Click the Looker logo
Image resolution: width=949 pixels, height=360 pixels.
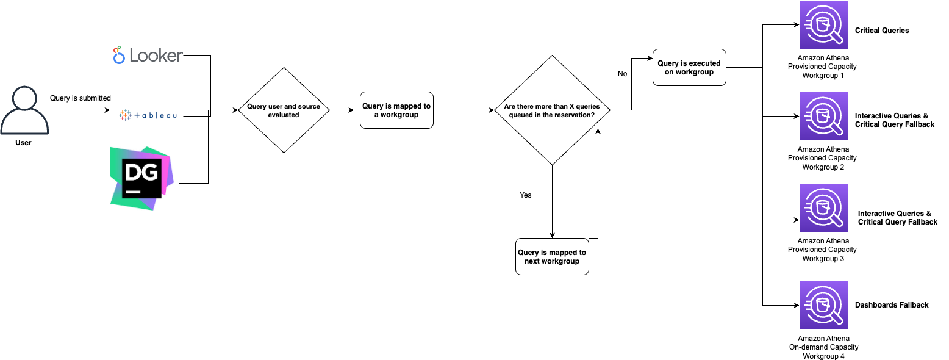coord(148,56)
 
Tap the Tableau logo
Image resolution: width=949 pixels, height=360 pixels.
coord(148,115)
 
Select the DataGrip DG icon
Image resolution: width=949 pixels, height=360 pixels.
coord(141,178)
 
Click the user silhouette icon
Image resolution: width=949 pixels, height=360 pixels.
coord(24,110)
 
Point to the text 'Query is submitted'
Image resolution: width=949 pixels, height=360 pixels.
coord(81,98)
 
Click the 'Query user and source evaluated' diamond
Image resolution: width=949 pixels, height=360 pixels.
coord(284,110)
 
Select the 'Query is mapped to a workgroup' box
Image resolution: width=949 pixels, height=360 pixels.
coord(396,110)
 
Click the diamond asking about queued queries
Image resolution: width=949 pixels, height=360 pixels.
coord(552,110)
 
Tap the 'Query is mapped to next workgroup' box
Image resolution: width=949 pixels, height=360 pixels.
coord(552,256)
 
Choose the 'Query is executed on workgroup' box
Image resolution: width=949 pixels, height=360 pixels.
coord(689,67)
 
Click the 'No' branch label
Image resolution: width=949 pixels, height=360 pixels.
coord(622,74)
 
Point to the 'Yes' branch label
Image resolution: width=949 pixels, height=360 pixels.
coord(525,195)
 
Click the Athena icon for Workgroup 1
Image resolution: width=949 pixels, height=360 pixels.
coord(823,25)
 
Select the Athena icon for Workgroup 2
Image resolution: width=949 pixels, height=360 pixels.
coord(823,117)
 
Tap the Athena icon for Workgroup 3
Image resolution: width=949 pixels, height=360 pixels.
coord(823,208)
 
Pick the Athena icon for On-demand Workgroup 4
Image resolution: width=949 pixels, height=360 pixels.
coord(823,306)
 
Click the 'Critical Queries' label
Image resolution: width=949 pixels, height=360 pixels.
coord(882,31)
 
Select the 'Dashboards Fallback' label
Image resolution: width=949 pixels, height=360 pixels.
coord(892,305)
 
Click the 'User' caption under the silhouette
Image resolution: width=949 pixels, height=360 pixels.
coord(23,143)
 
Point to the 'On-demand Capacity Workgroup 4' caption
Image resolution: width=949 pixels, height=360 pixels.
coord(823,347)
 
